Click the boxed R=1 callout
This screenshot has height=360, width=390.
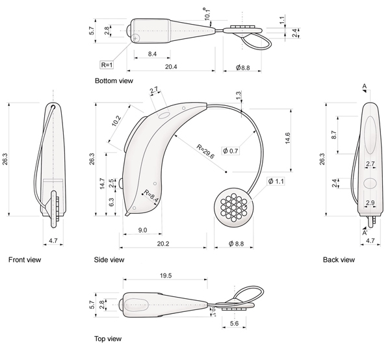pos(107,65)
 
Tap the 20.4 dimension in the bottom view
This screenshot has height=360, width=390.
pos(171,67)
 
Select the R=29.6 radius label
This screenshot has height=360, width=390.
pos(205,151)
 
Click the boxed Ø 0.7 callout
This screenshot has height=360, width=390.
pos(231,151)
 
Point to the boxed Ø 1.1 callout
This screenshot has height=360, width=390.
pos(276,181)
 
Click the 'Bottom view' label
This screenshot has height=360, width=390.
pos(114,81)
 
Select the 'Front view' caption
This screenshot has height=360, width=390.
pos(25,260)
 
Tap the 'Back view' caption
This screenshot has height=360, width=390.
pos(339,260)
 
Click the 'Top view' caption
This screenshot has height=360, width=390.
pos(108,339)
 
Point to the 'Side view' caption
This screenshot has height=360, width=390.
pos(109,260)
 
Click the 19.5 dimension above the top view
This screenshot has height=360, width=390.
pos(166,276)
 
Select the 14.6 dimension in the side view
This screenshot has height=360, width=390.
pos(287,138)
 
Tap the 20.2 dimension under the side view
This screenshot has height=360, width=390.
pos(163,244)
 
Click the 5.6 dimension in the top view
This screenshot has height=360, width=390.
pos(234,323)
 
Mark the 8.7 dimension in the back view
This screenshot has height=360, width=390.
pos(334,135)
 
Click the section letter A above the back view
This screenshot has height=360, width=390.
pos(365,86)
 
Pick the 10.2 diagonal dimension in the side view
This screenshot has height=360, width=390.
pos(116,121)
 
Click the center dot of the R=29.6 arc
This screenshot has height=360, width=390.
pos(226,172)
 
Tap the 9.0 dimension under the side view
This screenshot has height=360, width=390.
pos(142,230)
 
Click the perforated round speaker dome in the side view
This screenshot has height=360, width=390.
pos(234,207)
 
